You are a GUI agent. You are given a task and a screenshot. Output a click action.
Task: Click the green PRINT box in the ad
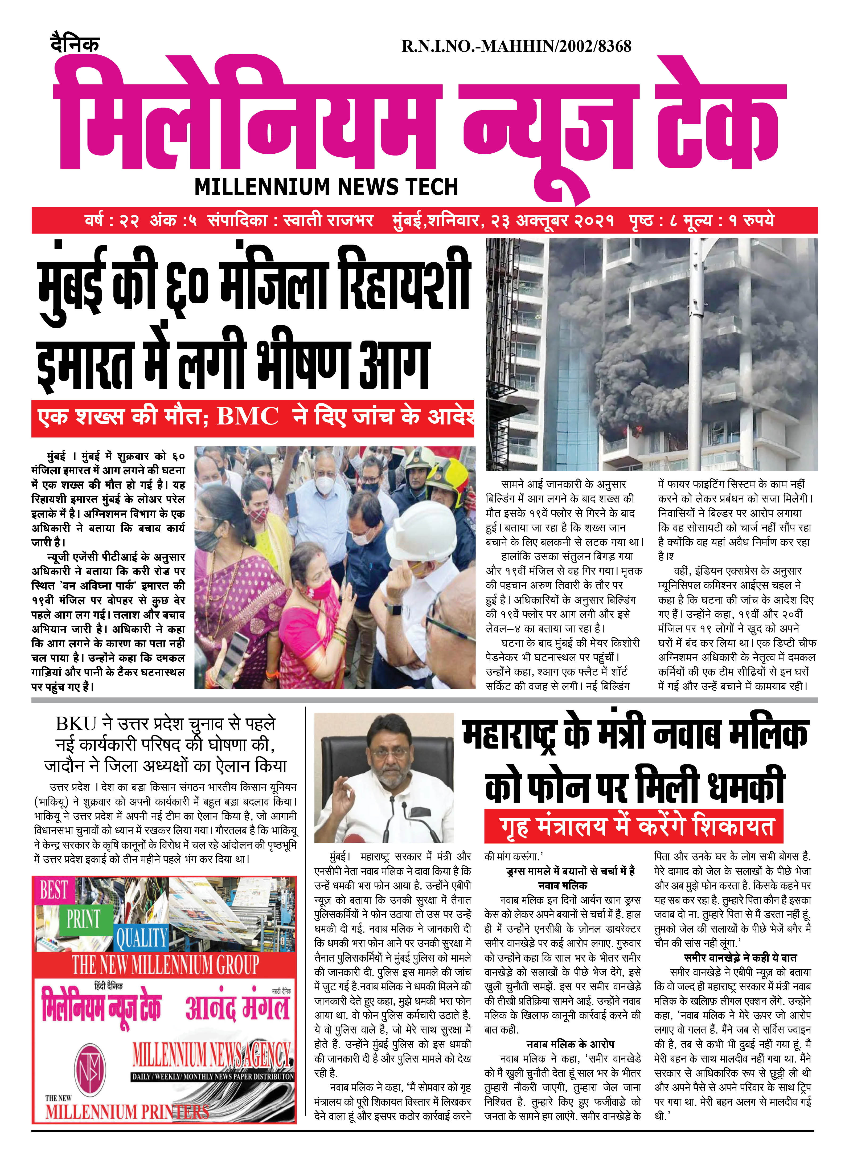[x=83, y=918]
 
